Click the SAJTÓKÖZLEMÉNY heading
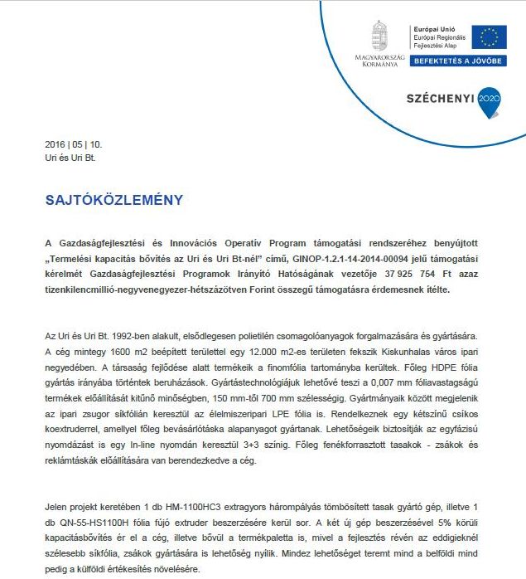click(113, 201)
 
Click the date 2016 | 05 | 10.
click(74, 144)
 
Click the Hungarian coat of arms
click(379, 36)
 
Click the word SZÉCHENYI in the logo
click(439, 98)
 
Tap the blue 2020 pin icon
click(490, 99)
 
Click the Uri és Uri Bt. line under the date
click(70, 156)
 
